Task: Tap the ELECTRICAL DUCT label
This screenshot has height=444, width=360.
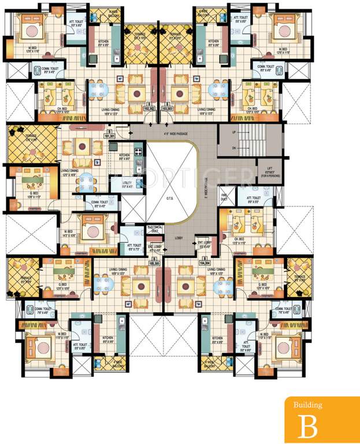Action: (x=155, y=229)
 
